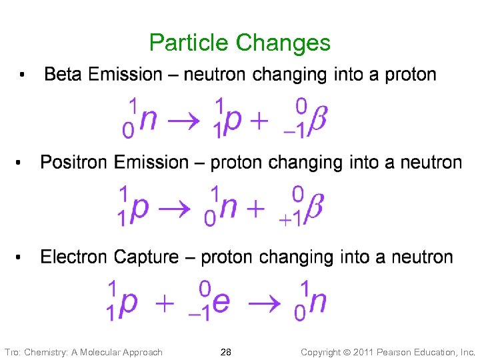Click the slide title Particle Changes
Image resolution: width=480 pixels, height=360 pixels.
[239, 43]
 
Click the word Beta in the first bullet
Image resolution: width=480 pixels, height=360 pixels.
[63, 74]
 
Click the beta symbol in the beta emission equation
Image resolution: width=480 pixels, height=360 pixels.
[319, 120]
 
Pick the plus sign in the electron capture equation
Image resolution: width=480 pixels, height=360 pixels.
[164, 303]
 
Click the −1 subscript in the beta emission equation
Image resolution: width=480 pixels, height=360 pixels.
[294, 131]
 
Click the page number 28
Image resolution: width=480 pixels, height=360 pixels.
[226, 351]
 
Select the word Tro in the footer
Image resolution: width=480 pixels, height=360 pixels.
[12, 352]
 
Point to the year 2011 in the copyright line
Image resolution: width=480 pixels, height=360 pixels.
[345, 352]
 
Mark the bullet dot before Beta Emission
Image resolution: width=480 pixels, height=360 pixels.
[22, 75]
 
